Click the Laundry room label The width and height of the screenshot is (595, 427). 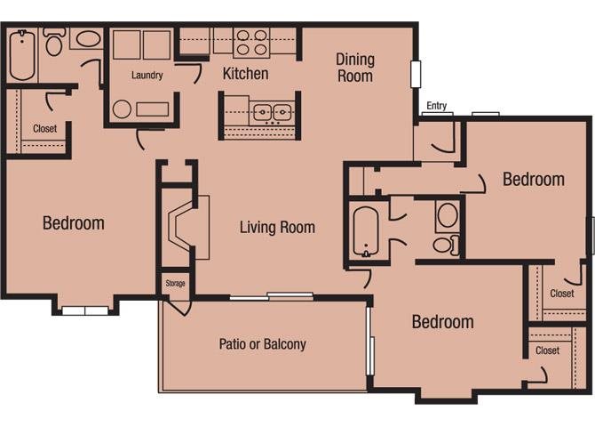pos(147,75)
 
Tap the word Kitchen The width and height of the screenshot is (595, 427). pos(245,73)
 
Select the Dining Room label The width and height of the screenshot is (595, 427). pos(355,68)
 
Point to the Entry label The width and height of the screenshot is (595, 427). pos(436,105)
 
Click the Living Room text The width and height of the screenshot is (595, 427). pos(277,228)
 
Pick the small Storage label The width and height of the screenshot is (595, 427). pos(175,283)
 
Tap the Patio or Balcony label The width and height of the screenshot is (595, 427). pos(263,344)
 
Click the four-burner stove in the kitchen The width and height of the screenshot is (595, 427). pos(251,43)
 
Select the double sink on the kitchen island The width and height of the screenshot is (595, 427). pos(273,112)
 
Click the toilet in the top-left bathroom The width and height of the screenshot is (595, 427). pos(54,41)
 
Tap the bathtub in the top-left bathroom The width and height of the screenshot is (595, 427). pos(22,55)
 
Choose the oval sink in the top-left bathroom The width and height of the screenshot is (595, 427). pos(89,39)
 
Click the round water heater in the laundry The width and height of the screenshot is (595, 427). pos(122,109)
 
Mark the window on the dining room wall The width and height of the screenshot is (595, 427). pos(416,74)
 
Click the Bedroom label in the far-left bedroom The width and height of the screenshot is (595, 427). pos(74,223)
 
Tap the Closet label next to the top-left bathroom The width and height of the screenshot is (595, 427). pos(44,128)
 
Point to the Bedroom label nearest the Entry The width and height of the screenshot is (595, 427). pos(534,180)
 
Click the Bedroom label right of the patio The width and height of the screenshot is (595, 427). pos(443,322)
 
